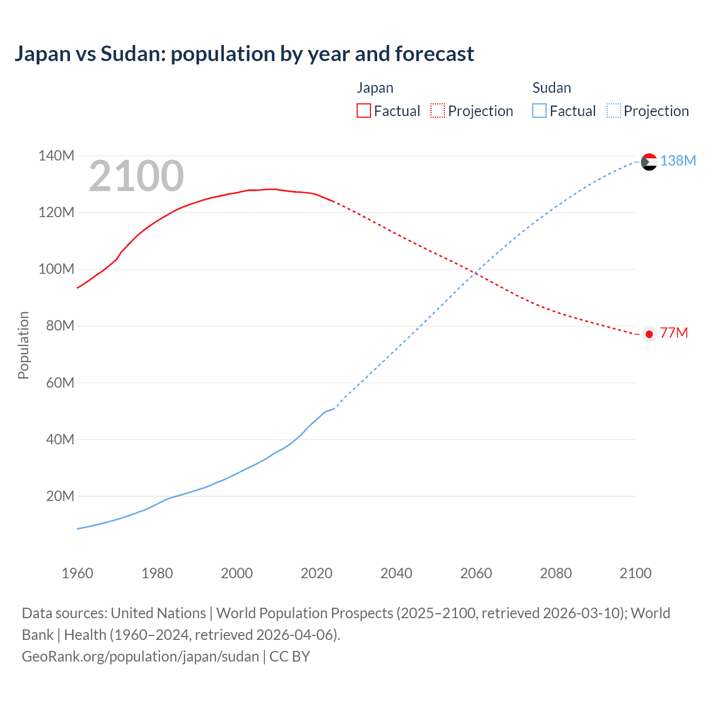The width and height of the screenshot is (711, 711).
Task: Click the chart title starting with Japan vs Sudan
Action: [244, 54]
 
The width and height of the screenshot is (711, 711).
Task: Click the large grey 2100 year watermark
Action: [136, 176]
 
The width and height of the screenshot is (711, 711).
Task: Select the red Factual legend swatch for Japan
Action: [363, 111]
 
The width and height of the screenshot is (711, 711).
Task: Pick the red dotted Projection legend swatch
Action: [438, 111]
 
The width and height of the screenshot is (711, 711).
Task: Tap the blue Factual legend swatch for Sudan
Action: [539, 111]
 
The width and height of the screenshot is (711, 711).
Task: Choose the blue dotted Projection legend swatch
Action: [613, 111]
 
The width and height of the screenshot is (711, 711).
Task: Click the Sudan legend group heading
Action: [551, 88]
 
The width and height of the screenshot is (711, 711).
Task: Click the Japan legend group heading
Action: [375, 88]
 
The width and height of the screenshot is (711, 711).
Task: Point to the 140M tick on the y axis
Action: [56, 156]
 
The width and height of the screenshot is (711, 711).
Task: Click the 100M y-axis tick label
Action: [56, 269]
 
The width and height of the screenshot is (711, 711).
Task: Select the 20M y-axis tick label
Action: [60, 496]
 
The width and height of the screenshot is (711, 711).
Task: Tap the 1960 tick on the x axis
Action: [77, 573]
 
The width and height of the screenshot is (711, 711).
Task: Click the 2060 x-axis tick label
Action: [476, 573]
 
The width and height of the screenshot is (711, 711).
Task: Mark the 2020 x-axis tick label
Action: [317, 573]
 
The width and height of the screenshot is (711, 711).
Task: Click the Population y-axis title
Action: [23, 345]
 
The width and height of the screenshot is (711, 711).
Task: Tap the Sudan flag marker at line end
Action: [649, 162]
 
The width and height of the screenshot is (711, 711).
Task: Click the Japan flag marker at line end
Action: [649, 334]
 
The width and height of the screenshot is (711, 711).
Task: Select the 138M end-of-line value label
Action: [678, 161]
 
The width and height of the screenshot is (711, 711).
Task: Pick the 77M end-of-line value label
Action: [674, 333]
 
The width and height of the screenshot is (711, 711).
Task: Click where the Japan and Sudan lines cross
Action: [475, 273]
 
